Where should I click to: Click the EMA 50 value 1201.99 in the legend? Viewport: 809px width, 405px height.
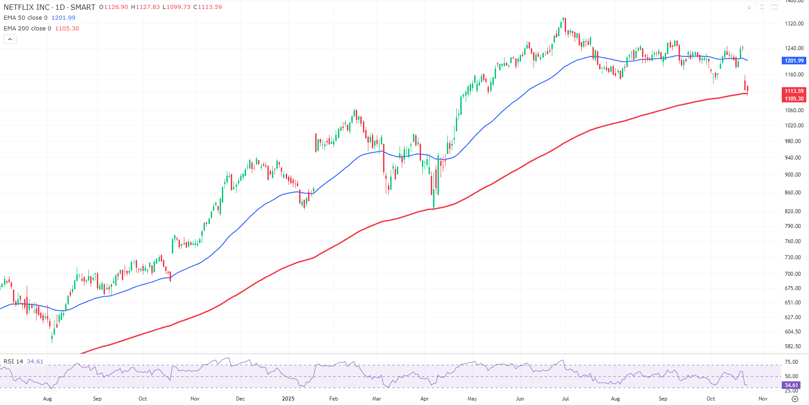click(63, 18)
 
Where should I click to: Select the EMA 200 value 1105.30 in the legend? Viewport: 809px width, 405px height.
click(67, 29)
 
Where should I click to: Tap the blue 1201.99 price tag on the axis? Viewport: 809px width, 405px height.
click(794, 61)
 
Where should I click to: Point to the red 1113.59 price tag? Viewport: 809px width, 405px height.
click(794, 91)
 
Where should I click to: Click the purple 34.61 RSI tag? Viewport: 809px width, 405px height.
click(791, 385)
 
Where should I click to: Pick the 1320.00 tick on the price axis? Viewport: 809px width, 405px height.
click(794, 24)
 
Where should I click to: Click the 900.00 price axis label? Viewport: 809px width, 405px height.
click(793, 175)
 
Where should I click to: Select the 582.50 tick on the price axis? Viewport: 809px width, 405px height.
click(793, 346)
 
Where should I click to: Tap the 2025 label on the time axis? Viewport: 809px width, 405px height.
click(288, 399)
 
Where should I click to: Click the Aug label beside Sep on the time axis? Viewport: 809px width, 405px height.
click(47, 399)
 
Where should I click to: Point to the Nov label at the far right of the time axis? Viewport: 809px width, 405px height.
click(763, 399)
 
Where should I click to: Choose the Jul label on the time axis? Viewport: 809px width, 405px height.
click(565, 399)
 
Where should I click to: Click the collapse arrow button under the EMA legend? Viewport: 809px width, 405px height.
click(10, 39)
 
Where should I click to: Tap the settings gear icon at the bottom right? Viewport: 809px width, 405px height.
click(795, 399)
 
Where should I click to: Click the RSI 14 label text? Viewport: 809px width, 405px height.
click(13, 362)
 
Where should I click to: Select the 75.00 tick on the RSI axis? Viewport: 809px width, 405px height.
click(792, 362)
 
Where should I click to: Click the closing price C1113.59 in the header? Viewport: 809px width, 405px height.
click(208, 7)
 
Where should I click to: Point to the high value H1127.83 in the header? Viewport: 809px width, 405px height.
click(145, 7)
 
